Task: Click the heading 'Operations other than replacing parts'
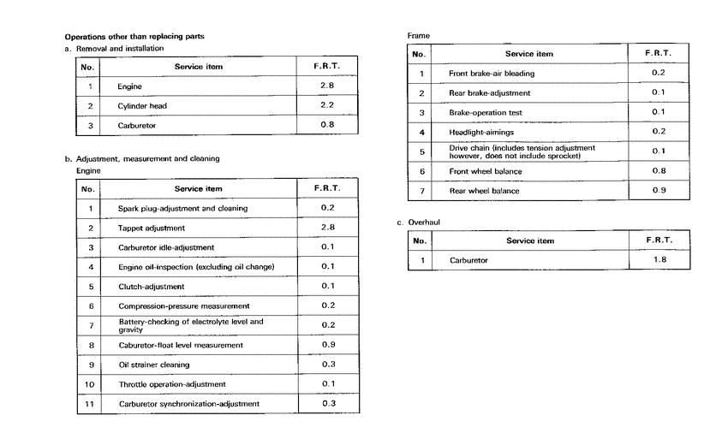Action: [134, 37]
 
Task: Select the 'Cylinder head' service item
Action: [142, 106]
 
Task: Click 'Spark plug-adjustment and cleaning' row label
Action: [183, 208]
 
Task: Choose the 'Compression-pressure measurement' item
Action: [184, 306]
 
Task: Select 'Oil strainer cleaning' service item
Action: [153, 365]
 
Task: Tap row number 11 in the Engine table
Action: [89, 404]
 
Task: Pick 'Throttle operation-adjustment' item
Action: [172, 384]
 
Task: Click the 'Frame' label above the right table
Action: [419, 36]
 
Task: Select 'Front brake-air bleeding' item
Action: [492, 74]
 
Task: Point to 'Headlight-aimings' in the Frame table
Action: [481, 132]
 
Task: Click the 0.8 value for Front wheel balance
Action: [658, 170]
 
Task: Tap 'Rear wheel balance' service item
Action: [485, 191]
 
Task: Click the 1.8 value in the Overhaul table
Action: [658, 259]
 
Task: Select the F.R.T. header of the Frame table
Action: [658, 53]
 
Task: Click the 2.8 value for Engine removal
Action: [328, 86]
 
